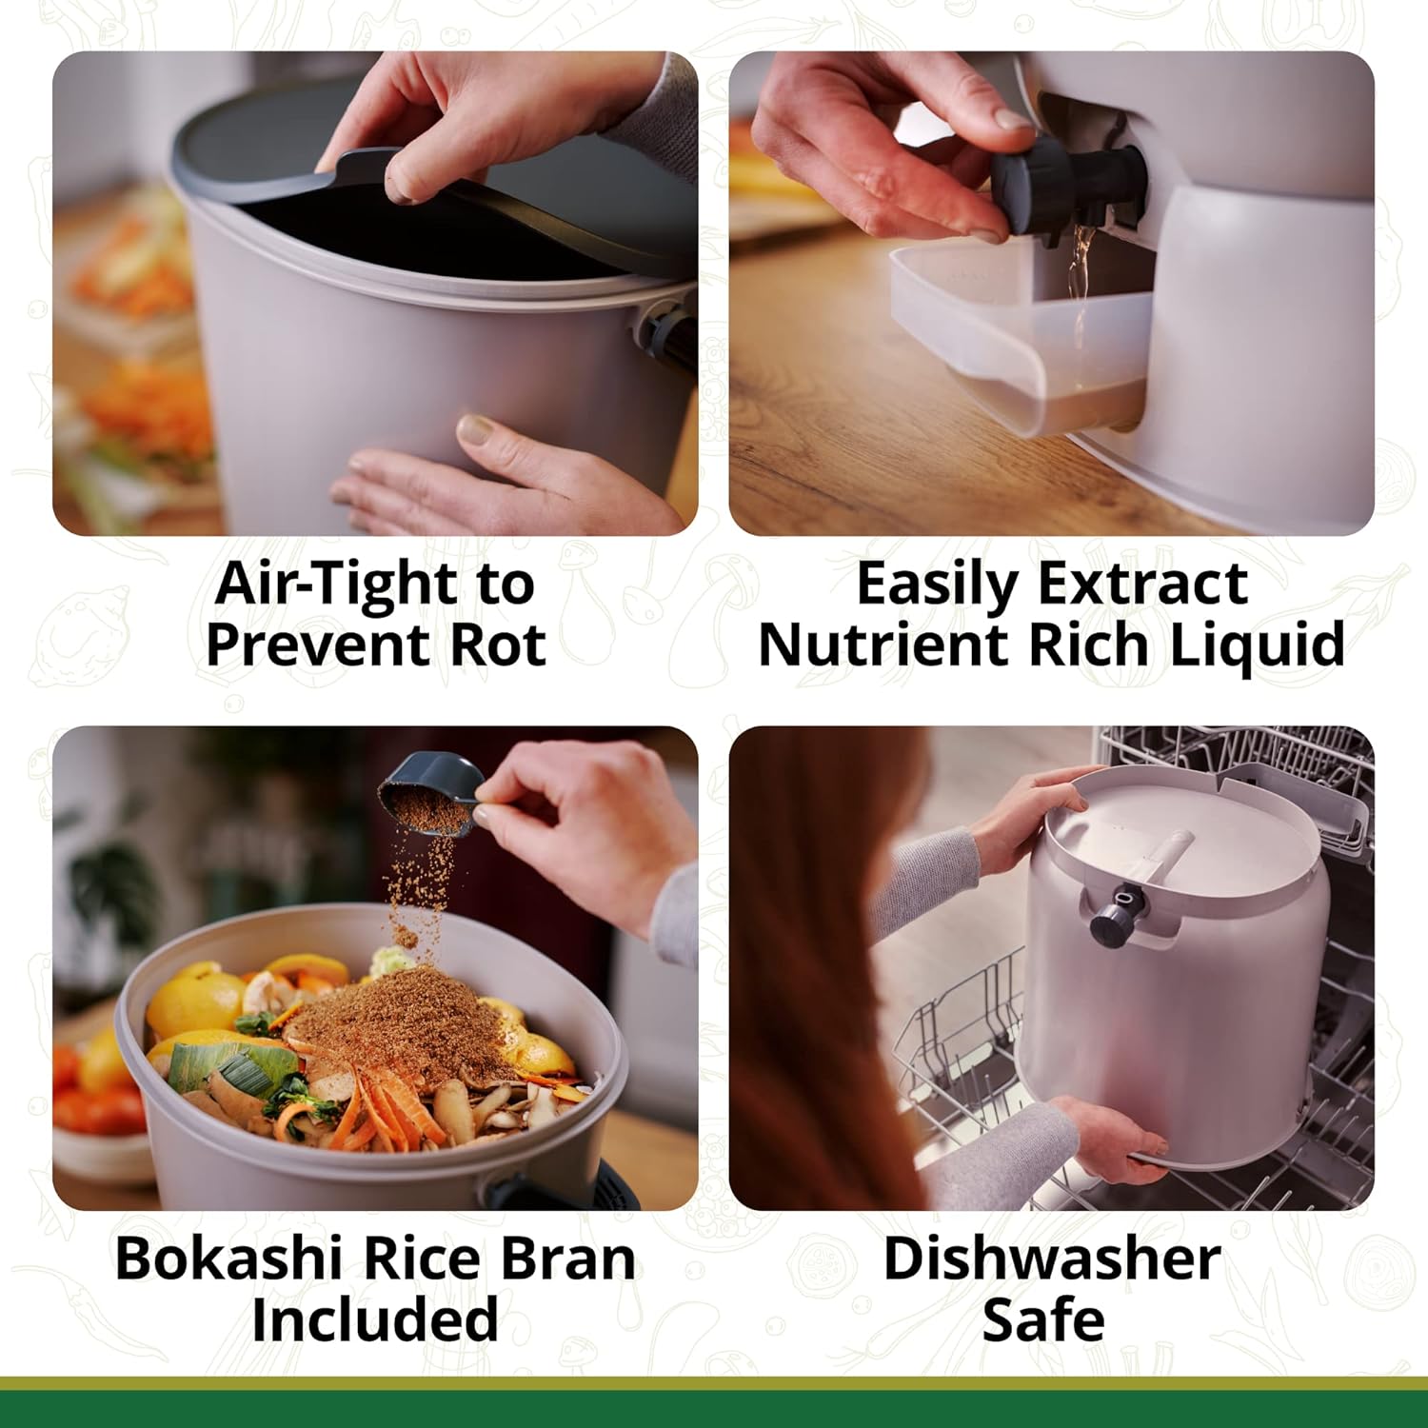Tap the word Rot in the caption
tap(497, 645)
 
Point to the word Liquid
tap(1257, 646)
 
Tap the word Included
tap(375, 1319)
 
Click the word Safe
tap(1043, 1319)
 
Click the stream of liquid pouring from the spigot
tap(1078, 286)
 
